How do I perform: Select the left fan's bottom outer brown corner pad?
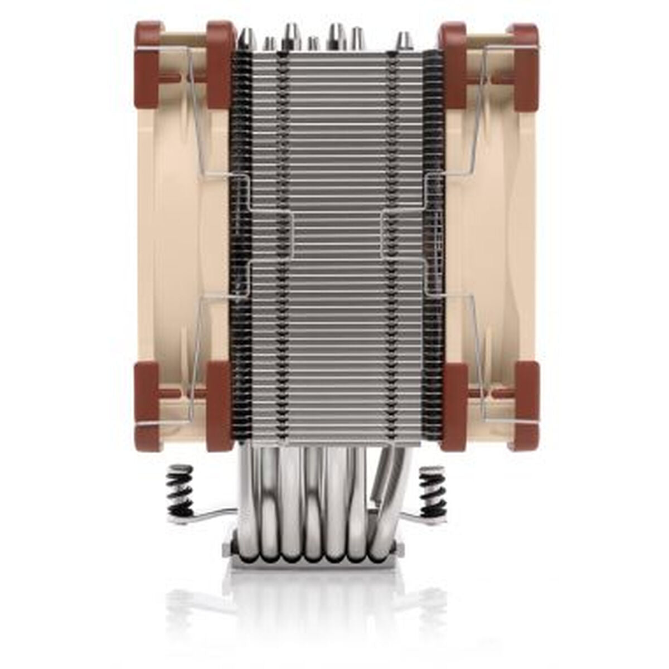tap(147, 406)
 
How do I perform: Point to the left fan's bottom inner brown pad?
tap(219, 406)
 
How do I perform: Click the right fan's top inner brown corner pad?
tap(453, 64)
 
